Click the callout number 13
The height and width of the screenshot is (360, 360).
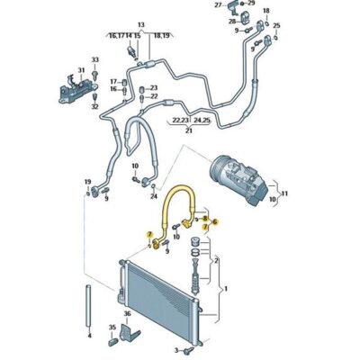(140, 24)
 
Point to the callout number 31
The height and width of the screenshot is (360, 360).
(82, 72)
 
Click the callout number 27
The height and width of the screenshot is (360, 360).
(218, 5)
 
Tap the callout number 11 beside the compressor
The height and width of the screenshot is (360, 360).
(287, 193)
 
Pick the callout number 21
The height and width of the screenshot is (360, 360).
(189, 130)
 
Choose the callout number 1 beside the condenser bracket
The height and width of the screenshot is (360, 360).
(226, 290)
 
